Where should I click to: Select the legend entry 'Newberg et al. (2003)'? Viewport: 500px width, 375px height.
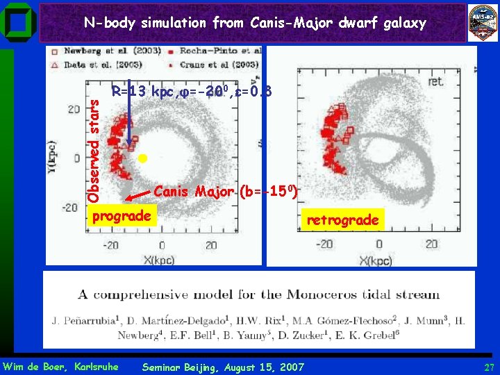coord(112,51)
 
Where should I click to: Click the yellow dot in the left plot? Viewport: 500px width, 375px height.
coord(143,159)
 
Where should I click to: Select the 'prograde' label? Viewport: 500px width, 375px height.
coord(122,216)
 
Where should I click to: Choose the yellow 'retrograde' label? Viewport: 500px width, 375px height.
coord(342,220)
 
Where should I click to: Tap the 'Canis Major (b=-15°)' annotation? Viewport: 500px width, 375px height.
coord(226,190)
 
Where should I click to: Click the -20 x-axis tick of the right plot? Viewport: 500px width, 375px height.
coord(325,244)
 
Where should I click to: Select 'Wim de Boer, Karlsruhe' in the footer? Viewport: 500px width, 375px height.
coord(60,367)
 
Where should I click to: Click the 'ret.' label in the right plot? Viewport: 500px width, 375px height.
coord(437,81)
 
